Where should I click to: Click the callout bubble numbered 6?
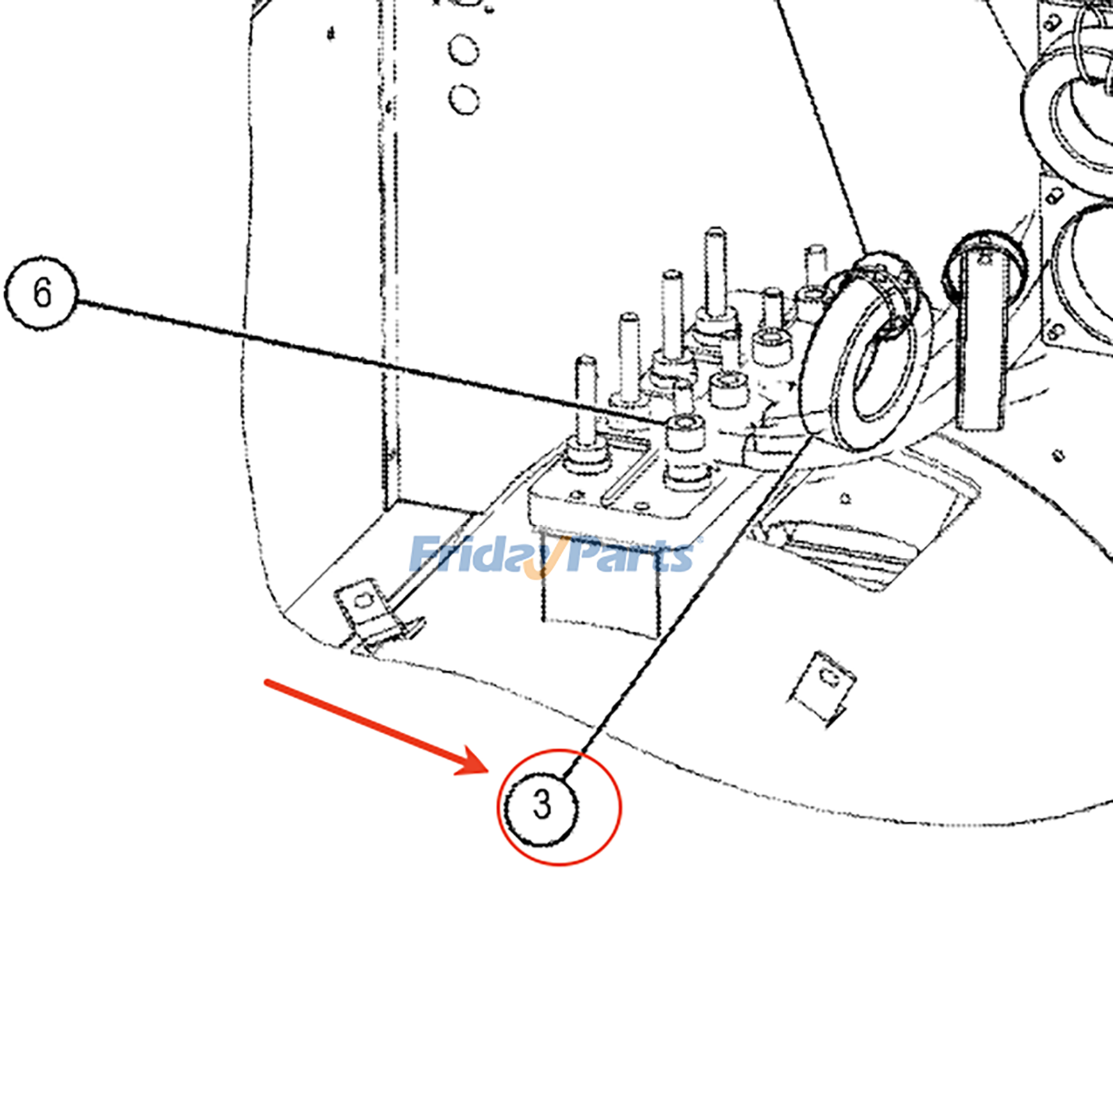coord(41,292)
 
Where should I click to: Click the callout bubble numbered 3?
coord(541,807)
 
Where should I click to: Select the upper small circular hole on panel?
coord(463,50)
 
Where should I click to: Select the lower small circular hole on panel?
coord(463,99)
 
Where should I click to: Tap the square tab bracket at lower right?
coord(824,685)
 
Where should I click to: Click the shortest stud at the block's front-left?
coord(585,403)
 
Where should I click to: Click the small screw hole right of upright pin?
coord(1058,456)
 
